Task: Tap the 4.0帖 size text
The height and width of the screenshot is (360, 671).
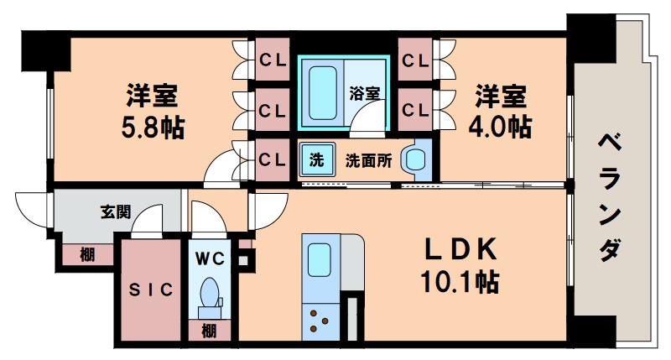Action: pos(498,127)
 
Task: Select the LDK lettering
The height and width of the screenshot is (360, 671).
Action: pos(460,249)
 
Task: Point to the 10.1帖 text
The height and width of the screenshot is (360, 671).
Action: pos(460,282)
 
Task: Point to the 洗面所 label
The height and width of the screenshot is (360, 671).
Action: pos(368,161)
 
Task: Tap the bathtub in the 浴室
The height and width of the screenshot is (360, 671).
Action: pos(322,91)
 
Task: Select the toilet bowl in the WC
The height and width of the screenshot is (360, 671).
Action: pos(209,294)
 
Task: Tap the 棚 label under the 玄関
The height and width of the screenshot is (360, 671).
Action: pos(87,255)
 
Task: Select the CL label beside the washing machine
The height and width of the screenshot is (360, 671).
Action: pos(271,159)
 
